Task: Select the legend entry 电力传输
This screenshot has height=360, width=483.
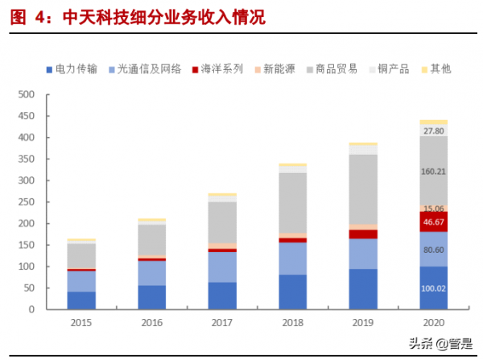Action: point(76,69)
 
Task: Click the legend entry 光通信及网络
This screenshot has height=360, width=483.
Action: point(147,69)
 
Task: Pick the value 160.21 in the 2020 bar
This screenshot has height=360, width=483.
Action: point(433,171)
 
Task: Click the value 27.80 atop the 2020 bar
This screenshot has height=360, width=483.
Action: point(433,130)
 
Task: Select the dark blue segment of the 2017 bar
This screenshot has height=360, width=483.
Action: point(222,296)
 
